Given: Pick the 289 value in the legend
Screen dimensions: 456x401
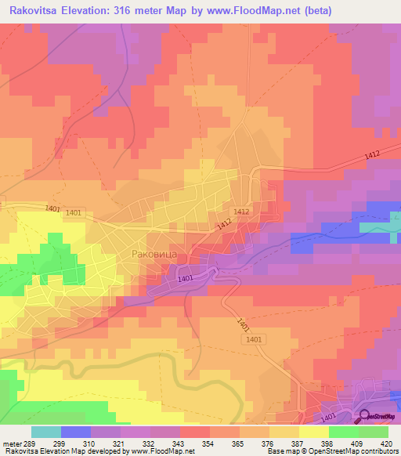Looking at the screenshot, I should (x=31, y=443).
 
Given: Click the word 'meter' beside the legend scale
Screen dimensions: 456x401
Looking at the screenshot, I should (x=13, y=443).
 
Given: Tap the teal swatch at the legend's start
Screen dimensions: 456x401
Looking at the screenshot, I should (x=46, y=432).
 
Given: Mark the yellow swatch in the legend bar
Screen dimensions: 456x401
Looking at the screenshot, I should (x=314, y=432).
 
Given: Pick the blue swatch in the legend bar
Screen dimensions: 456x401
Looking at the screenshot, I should (x=76, y=432).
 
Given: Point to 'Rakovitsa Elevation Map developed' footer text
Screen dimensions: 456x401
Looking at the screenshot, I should (x=47, y=451).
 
